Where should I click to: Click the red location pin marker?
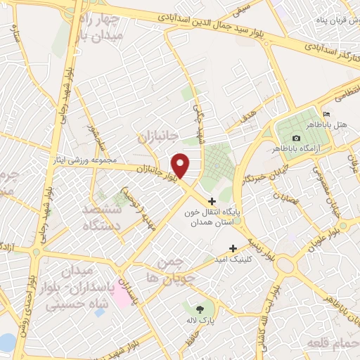coord(181,165)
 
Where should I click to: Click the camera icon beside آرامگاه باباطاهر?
coord(296,138)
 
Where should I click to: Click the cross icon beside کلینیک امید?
coord(233,248)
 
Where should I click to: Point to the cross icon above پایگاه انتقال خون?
coord(212,202)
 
